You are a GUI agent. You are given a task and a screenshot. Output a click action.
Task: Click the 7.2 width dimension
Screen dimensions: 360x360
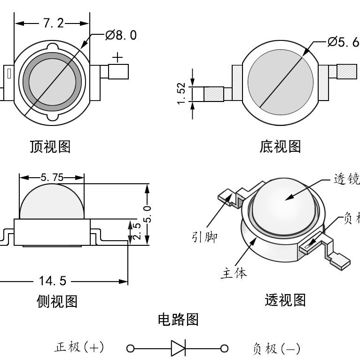click(x=52, y=23)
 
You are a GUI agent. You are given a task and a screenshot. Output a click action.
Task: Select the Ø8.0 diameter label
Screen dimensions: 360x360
click(x=121, y=35)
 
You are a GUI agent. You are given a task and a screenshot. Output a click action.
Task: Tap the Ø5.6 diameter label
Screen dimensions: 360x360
click(x=343, y=42)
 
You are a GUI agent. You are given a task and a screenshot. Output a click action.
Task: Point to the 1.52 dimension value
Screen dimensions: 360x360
click(x=182, y=94)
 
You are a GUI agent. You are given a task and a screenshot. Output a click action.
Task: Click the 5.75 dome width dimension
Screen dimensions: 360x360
click(x=52, y=177)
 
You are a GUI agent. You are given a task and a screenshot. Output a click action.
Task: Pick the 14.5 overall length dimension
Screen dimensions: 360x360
click(x=53, y=281)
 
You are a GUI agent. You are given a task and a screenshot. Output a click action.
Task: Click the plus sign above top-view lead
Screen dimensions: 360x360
click(x=117, y=57)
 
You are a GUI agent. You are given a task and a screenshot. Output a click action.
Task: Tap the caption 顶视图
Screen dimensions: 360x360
click(x=50, y=147)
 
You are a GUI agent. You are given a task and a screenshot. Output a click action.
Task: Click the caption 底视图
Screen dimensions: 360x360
click(x=280, y=147)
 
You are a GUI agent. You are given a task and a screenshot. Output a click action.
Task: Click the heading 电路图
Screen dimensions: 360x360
click(x=178, y=320)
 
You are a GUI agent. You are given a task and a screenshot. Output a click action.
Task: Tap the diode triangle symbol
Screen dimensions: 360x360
click(x=178, y=348)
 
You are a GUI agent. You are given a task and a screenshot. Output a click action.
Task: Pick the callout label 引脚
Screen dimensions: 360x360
click(x=204, y=237)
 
